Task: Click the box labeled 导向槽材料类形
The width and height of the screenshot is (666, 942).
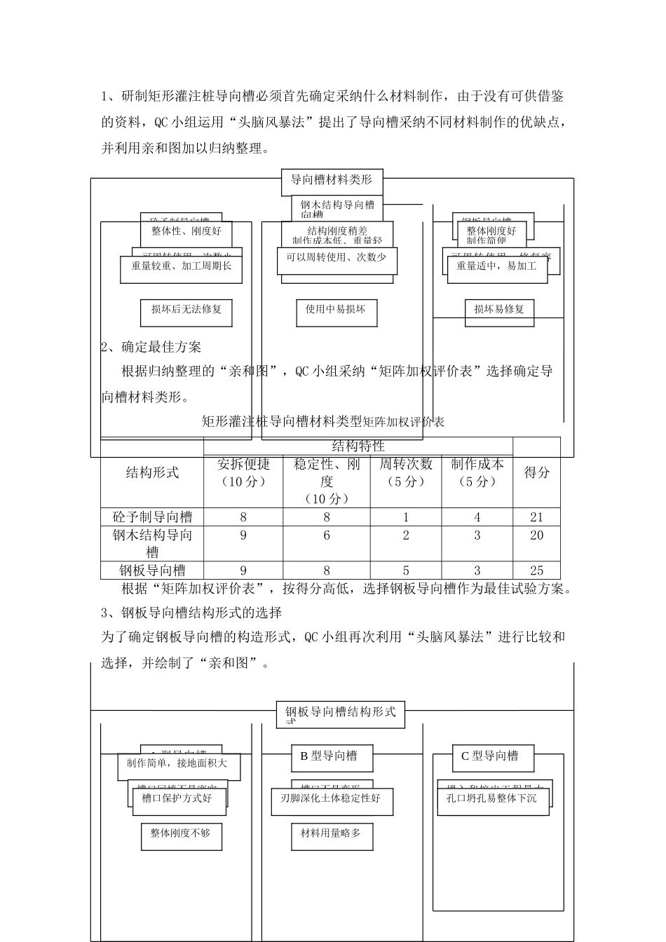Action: [x=332, y=180]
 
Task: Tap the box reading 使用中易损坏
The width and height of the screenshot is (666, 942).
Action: [x=336, y=309]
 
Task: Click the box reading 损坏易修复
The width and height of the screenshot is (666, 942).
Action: [x=499, y=309]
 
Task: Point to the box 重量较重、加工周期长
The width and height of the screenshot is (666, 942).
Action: [x=181, y=266]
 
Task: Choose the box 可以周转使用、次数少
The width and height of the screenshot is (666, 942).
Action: [x=336, y=257]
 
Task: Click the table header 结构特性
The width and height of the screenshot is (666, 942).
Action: [x=358, y=446]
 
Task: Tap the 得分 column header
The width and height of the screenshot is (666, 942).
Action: [x=536, y=472]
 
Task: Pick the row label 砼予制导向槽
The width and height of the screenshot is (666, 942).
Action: [x=152, y=517]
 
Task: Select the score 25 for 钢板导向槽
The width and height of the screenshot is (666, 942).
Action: [x=536, y=571]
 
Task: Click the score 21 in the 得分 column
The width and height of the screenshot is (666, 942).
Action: [x=536, y=517]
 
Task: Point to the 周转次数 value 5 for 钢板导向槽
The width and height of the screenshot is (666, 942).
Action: [x=406, y=571]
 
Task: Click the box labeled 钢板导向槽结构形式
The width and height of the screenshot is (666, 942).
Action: [x=341, y=713]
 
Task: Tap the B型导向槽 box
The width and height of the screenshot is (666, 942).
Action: [x=332, y=756]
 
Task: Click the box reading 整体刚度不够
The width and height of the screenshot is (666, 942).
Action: [x=181, y=833]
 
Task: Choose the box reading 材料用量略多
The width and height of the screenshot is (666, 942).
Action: [x=332, y=833]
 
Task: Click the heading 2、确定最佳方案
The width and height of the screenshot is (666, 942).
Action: [x=151, y=347]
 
